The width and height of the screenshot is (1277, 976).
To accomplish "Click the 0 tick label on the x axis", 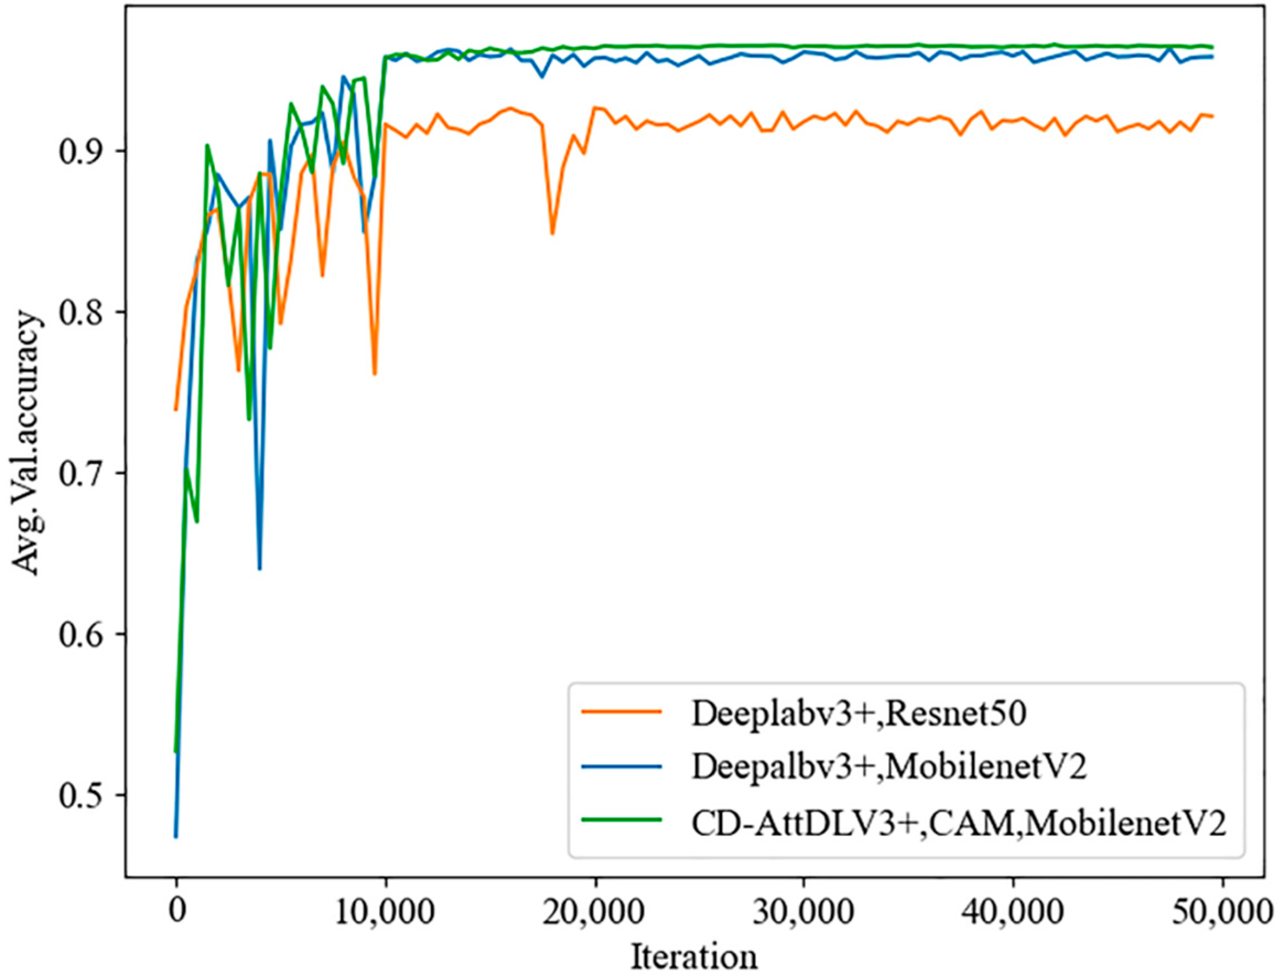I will [x=176, y=911].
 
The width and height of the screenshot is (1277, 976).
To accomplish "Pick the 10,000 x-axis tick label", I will [x=385, y=911].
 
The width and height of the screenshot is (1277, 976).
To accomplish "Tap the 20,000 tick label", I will [x=594, y=911].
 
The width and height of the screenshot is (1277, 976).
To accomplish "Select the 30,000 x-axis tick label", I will [x=804, y=911].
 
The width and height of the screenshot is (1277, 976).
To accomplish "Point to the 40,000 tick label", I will [x=1013, y=911].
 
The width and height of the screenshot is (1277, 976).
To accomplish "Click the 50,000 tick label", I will [x=1221, y=911].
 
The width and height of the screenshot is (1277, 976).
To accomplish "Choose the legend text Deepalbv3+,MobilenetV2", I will [x=889, y=768].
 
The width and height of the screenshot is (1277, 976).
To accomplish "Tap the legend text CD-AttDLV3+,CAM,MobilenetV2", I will [x=959, y=822].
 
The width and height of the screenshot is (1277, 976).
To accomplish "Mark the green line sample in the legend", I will [x=621, y=818].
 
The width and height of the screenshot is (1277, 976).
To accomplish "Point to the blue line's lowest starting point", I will [x=175, y=837].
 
